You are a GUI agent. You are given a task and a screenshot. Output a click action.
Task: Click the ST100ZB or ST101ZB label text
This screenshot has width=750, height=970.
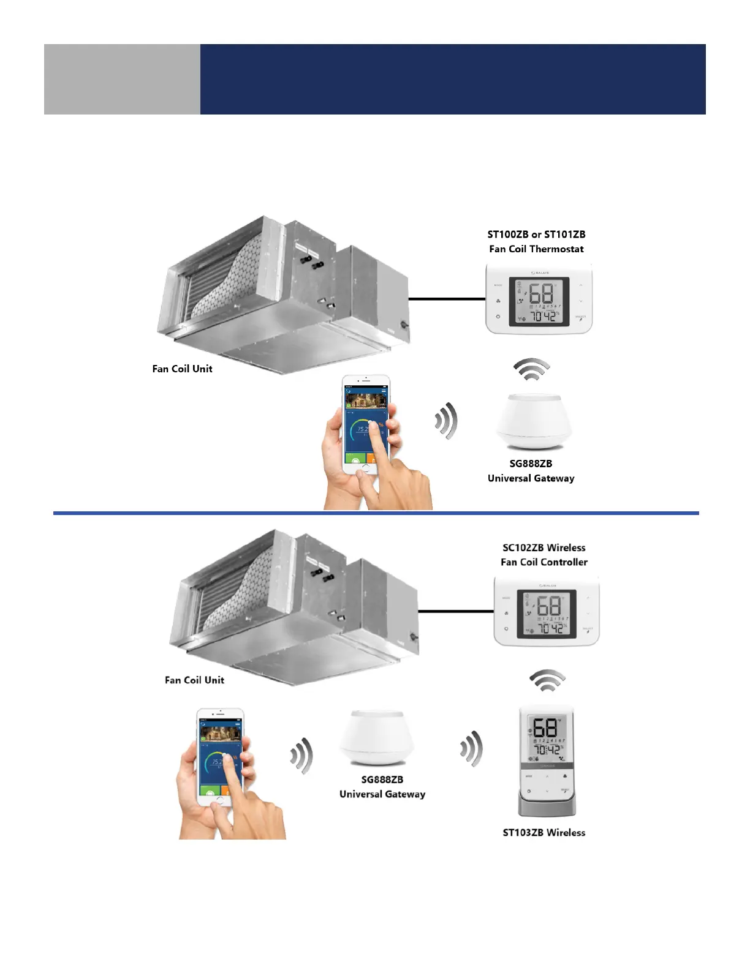536,235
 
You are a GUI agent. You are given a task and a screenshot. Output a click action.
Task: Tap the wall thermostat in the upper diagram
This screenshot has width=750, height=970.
539,299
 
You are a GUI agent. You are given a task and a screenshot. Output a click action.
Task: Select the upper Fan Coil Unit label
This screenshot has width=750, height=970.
182,369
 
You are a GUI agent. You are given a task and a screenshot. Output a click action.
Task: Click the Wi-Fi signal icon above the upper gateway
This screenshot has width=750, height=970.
531,370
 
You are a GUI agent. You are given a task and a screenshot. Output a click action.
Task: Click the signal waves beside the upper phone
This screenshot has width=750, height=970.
447,421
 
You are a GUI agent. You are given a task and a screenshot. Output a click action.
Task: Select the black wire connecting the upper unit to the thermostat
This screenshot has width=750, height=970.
447,299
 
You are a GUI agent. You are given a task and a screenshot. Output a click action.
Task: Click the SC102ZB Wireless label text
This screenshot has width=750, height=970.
544,547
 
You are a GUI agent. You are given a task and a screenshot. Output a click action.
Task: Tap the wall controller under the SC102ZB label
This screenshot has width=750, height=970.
547,611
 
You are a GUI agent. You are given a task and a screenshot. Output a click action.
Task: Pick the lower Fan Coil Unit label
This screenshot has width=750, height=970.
194,680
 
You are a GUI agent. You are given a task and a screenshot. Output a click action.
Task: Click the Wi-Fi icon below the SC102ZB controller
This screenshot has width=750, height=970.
547,680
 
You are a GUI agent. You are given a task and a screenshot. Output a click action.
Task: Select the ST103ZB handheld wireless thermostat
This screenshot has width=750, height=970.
547,762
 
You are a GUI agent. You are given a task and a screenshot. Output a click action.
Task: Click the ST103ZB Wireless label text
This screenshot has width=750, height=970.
544,832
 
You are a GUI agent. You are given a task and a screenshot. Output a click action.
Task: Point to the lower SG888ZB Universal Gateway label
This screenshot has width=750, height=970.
382,787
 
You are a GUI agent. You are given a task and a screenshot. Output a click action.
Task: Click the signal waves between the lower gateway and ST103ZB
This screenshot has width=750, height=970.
472,748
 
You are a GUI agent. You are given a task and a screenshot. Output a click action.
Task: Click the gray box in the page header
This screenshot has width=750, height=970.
122,79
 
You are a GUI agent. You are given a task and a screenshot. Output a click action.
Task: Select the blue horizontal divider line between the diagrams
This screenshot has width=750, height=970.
376,513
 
